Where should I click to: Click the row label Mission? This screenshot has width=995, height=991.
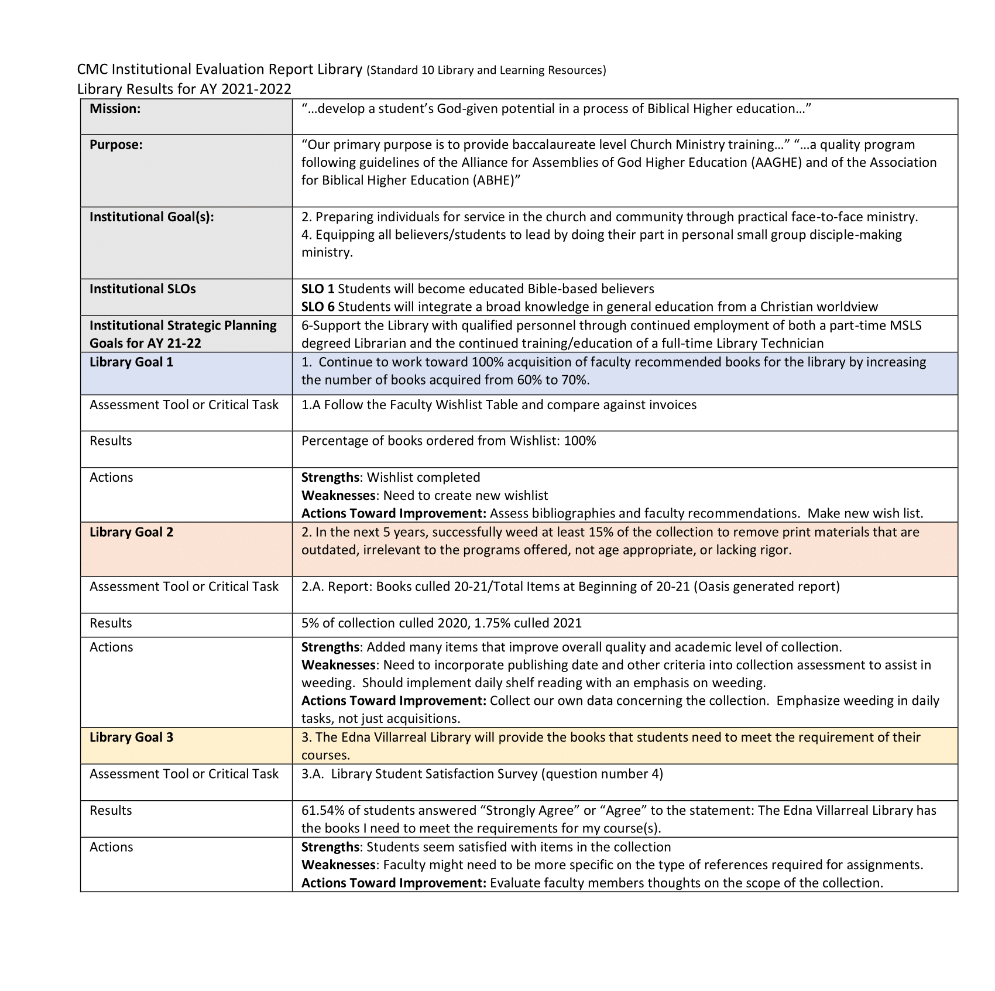tap(115, 109)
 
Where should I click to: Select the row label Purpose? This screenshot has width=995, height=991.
tap(116, 145)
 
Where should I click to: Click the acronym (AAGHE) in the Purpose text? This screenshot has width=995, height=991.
tap(776, 163)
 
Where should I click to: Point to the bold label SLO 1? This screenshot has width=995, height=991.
tap(318, 289)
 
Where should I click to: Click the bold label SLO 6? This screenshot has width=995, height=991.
tap(318, 307)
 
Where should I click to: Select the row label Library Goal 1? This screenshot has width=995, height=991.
tap(131, 362)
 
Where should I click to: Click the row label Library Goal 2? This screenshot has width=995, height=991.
tap(131, 533)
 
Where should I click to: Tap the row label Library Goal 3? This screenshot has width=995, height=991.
tap(131, 738)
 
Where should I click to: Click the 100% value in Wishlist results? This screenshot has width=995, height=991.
tap(579, 441)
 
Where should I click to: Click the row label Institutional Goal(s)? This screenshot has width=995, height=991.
tap(152, 217)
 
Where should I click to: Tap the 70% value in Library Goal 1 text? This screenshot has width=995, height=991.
tap(575, 380)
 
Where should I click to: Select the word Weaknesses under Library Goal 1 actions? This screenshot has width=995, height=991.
tap(338, 496)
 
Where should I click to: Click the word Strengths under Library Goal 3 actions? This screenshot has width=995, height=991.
tap(330, 848)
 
